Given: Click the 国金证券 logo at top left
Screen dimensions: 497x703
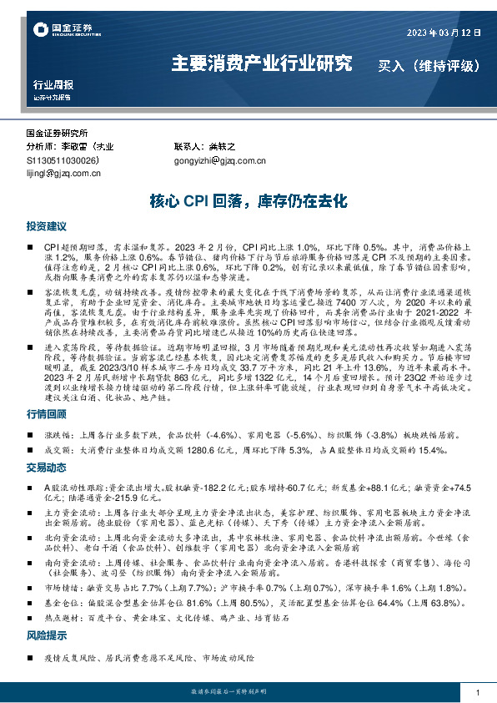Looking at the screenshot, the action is [63, 32].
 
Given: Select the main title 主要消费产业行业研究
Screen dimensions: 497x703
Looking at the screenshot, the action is [261, 63].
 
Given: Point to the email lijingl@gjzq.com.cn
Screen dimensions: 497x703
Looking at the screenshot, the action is [63, 174].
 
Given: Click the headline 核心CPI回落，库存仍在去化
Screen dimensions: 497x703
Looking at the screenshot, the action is [248, 201].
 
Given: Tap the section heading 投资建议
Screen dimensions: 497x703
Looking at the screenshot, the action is [46, 226].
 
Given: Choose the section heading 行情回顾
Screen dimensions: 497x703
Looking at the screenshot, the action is [46, 415].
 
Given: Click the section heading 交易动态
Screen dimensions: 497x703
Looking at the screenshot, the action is [46, 467].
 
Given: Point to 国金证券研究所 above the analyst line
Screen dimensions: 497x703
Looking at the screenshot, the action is [57, 133].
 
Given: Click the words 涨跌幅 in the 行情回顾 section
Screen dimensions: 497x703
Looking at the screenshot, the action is [57, 435].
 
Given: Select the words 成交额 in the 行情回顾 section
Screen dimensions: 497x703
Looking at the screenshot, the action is [57, 450].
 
